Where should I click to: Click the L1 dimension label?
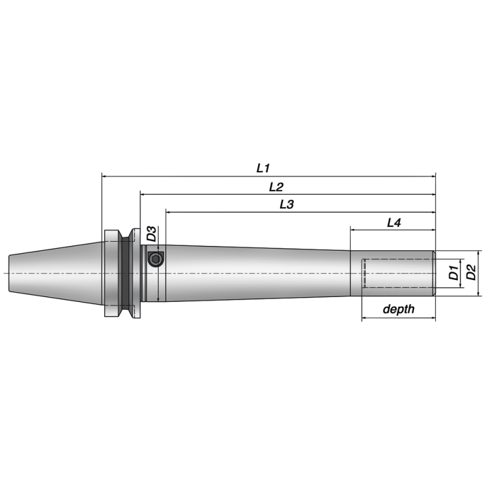click(263, 167)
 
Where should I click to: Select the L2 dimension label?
click(276, 186)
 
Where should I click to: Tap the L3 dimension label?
click(287, 205)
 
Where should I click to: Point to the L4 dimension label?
click(394, 223)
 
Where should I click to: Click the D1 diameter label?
click(454, 273)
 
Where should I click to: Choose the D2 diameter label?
click(471, 273)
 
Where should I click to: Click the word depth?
click(398, 309)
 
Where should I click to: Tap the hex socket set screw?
click(155, 260)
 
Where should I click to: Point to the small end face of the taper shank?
click(10, 273)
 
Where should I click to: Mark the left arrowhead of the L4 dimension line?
click(353, 231)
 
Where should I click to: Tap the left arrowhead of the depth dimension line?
click(365, 318)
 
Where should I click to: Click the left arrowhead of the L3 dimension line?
click(169, 212)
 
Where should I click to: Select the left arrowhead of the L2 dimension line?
click(144, 194)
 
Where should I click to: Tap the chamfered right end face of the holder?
click(434, 273)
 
